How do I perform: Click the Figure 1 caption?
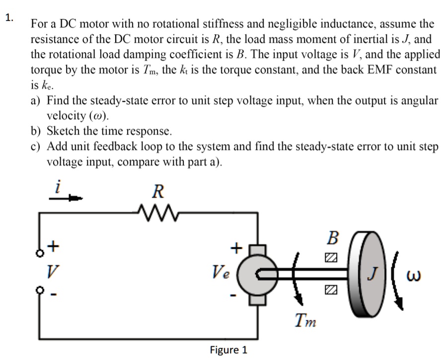[x=228, y=350]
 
